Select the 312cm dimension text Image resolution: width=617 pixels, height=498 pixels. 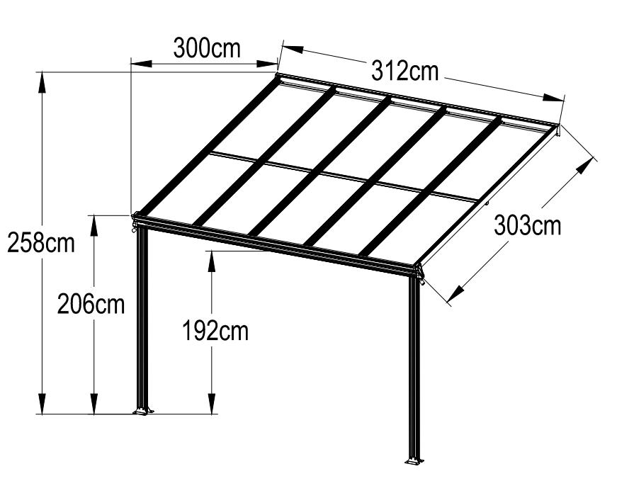(x=405, y=72)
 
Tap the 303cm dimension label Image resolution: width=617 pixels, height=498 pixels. (x=527, y=226)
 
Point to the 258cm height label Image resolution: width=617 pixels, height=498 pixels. (x=41, y=243)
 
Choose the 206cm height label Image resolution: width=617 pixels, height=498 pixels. (x=91, y=304)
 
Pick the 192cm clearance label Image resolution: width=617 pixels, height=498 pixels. (x=215, y=332)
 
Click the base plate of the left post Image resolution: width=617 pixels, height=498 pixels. (x=143, y=412)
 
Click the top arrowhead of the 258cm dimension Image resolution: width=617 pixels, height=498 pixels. (x=41, y=83)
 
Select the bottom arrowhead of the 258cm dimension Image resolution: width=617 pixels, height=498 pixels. (x=41, y=403)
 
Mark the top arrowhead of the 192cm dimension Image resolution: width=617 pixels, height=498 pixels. (x=212, y=261)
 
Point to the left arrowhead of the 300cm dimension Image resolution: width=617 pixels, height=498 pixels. (x=141, y=63)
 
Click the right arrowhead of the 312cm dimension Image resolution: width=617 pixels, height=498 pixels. (x=553, y=98)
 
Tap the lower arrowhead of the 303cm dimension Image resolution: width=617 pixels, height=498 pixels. (x=455, y=294)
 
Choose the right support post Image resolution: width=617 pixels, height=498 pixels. (x=414, y=368)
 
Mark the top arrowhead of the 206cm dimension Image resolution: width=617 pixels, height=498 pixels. (x=94, y=225)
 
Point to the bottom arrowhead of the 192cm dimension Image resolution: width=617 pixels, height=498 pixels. (x=212, y=404)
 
